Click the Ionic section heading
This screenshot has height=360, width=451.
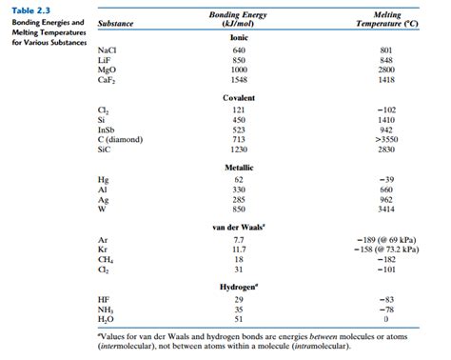point(239,36)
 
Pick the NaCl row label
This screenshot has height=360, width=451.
point(108,50)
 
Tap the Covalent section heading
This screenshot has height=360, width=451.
point(239,100)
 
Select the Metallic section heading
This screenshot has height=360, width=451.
point(239,167)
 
